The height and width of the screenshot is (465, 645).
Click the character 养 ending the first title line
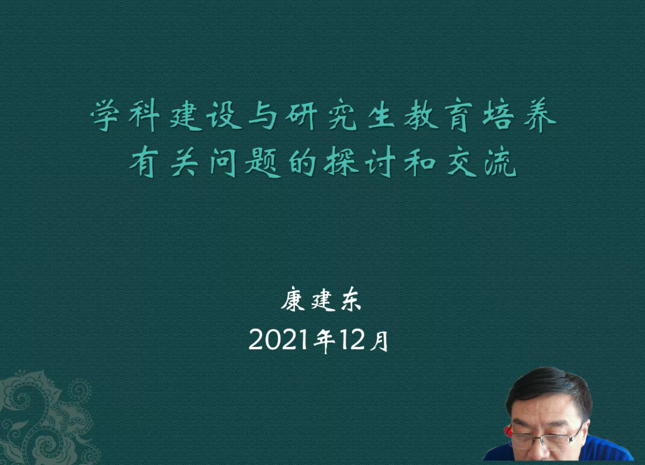[x=540, y=115]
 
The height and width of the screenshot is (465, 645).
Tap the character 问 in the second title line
[x=223, y=162]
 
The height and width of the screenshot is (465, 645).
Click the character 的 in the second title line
[x=302, y=162]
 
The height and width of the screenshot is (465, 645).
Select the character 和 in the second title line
[x=420, y=162]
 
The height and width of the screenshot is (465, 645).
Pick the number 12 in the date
[x=352, y=340]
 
